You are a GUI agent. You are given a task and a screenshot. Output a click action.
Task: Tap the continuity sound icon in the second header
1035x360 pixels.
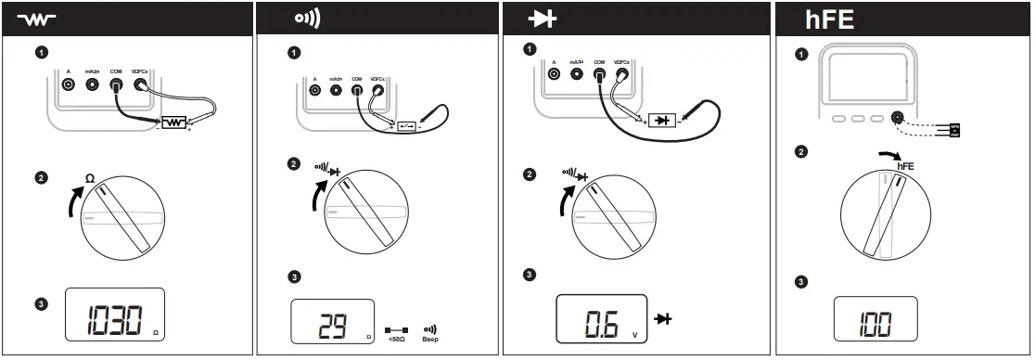click(x=307, y=19)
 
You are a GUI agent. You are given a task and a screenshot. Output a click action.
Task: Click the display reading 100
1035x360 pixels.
click(x=875, y=323)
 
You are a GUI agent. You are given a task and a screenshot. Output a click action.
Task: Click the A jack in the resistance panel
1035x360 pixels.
click(x=68, y=84)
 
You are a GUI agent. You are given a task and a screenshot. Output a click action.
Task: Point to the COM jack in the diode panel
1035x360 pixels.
click(x=599, y=75)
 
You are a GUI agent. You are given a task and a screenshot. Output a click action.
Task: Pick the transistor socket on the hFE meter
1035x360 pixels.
click(x=897, y=118)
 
